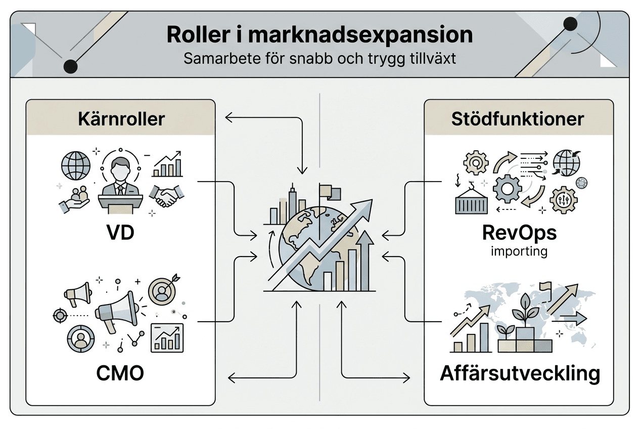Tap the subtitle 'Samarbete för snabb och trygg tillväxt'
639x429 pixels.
pos(319,59)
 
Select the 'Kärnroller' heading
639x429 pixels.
pos(121,119)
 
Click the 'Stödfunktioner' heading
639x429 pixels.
pos(518,119)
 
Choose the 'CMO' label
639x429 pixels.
pos(120,373)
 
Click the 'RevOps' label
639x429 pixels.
pos(519,233)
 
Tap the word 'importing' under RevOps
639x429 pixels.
pos(519,251)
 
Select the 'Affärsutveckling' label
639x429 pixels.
pos(520,374)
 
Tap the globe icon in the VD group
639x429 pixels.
pos(75,165)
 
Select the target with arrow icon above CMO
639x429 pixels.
pos(162,291)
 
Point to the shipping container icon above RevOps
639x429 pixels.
pos(470,201)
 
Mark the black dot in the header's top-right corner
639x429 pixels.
pos(570,23)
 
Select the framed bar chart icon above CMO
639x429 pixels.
pos(167,337)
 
